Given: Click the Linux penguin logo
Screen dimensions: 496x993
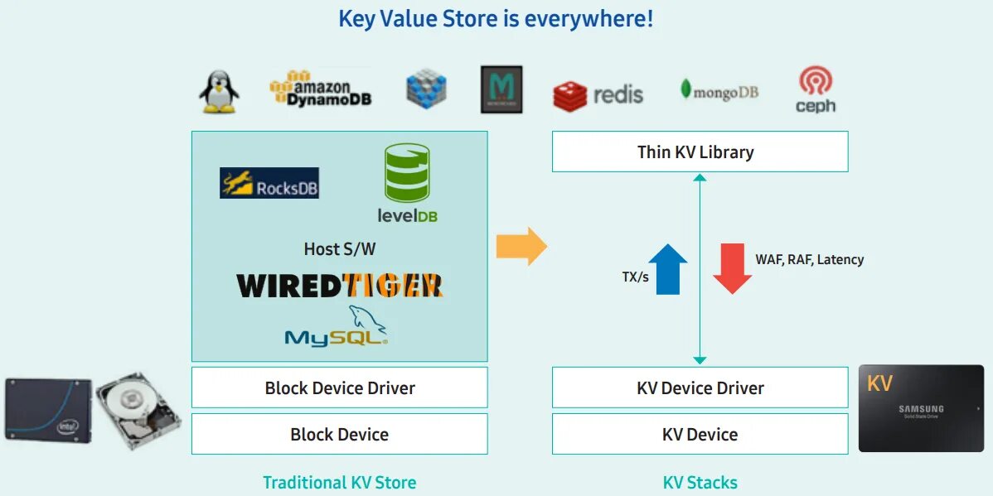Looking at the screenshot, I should (220, 91).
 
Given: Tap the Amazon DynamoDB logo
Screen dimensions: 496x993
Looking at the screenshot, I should (321, 89).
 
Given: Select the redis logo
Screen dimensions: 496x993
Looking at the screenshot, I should (598, 94).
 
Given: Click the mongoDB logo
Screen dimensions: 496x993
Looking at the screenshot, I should (719, 91).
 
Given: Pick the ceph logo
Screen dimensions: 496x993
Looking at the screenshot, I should (815, 90).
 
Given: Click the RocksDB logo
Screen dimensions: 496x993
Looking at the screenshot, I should (269, 183).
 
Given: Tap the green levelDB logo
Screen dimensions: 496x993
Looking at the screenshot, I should (407, 183).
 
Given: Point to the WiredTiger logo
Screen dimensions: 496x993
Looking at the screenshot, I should (340, 286).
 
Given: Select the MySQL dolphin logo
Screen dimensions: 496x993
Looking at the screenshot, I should (337, 326).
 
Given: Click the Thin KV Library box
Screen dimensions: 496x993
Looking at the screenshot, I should (700, 152).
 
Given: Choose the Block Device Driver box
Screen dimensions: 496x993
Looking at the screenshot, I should (340, 388).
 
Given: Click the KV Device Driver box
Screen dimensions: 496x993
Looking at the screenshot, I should (700, 388).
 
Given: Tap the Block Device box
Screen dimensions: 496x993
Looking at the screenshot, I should (340, 434).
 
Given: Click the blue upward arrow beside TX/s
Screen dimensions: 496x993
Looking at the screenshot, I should (668, 269).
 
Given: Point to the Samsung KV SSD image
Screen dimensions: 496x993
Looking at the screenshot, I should (921, 408).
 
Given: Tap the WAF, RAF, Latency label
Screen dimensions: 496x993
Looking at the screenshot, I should (809, 259).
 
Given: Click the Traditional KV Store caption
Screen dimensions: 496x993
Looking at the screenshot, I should (340, 482).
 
